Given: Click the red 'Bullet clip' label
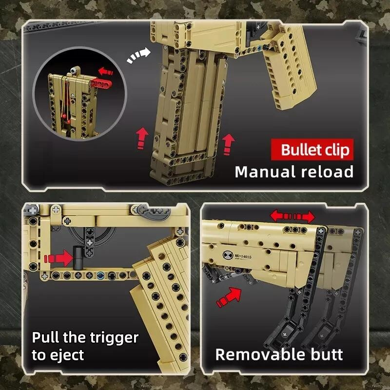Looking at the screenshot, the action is coord(312,150).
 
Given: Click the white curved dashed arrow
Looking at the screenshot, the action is coord(138,56).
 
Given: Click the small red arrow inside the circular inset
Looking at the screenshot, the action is coord(105,71).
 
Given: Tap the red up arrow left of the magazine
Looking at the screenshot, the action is coord(142,138).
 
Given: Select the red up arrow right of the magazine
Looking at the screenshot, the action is coord(228,144).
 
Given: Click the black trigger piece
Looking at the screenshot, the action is coord(78,258).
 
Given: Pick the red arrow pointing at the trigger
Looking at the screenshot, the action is coord(58,258).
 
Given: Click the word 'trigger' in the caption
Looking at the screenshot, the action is coord(114,338).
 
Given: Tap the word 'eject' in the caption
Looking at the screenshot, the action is coord(67,356).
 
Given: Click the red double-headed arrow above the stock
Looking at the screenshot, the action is coord(292,216).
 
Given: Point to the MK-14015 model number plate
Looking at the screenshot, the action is coord(243,256).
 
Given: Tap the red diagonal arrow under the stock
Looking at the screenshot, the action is coord(229,297).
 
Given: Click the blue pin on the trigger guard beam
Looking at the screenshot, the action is coord(100,275).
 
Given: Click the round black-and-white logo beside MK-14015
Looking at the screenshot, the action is coord(228,255).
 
